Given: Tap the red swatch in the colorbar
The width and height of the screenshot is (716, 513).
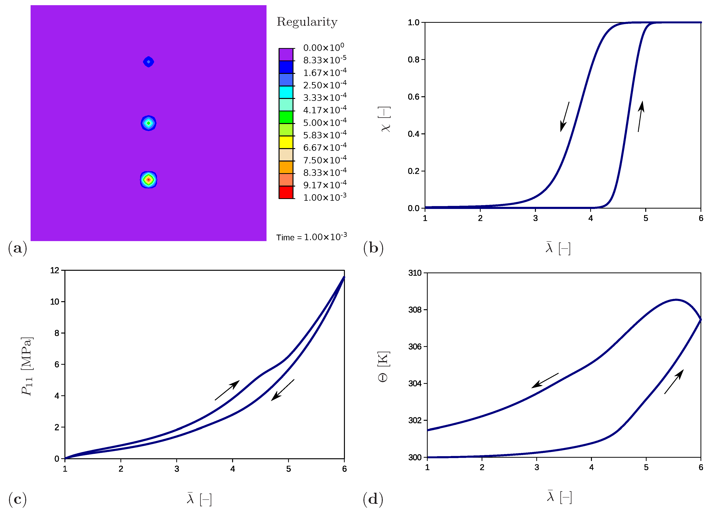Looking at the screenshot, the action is click(x=286, y=192).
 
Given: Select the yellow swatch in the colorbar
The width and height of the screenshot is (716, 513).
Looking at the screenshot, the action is click(x=286, y=142).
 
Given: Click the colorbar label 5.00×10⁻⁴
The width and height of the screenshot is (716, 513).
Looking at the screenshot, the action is click(x=325, y=122).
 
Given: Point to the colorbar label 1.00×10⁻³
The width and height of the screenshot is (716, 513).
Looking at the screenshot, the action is click(x=325, y=197).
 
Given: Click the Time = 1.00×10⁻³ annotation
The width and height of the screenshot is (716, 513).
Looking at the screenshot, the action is click(x=311, y=237).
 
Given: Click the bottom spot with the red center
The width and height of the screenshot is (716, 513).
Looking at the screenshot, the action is click(x=148, y=180).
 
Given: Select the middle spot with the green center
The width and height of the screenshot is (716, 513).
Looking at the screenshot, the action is click(x=148, y=123).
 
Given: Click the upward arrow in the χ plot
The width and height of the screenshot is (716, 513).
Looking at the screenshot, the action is click(x=641, y=116).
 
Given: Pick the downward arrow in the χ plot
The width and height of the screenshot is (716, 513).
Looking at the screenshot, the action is click(x=565, y=117).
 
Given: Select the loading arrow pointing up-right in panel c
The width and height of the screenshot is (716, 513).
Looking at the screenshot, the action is click(x=227, y=390).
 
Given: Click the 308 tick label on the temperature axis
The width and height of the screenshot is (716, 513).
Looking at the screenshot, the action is click(x=415, y=310).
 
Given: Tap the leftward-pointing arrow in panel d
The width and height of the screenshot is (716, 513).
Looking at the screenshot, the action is click(x=545, y=381).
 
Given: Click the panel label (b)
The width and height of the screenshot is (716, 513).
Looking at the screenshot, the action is click(x=373, y=248).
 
